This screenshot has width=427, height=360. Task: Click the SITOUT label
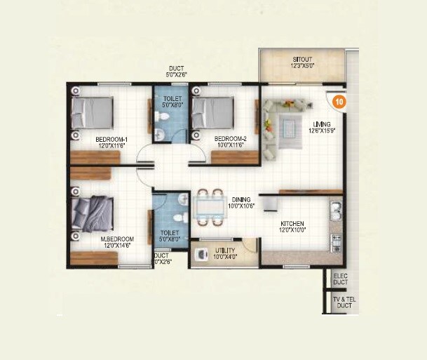point(302,58)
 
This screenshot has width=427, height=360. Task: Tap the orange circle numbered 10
point(339,100)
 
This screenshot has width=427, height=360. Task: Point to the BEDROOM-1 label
point(111,139)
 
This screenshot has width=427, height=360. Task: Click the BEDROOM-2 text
point(230,138)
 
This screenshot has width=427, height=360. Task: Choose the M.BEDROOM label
point(117,239)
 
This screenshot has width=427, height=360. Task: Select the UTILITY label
point(225,251)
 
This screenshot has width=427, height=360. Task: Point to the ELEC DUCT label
point(341,279)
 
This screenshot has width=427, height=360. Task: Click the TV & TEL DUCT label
point(342,303)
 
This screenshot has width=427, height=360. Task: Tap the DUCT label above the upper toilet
point(177,68)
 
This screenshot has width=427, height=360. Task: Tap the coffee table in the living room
point(287,126)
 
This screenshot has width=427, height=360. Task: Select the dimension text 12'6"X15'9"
point(323,131)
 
